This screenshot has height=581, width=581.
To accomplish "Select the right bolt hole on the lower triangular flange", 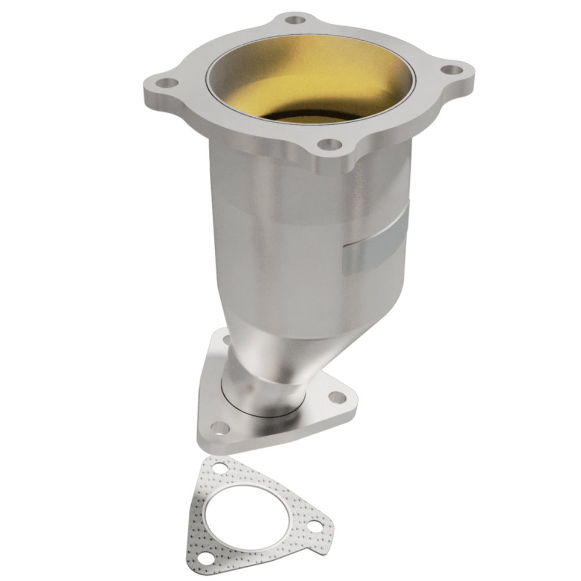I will tap(336, 397).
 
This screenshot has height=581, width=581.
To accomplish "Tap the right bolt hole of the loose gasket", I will tap(314, 528).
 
